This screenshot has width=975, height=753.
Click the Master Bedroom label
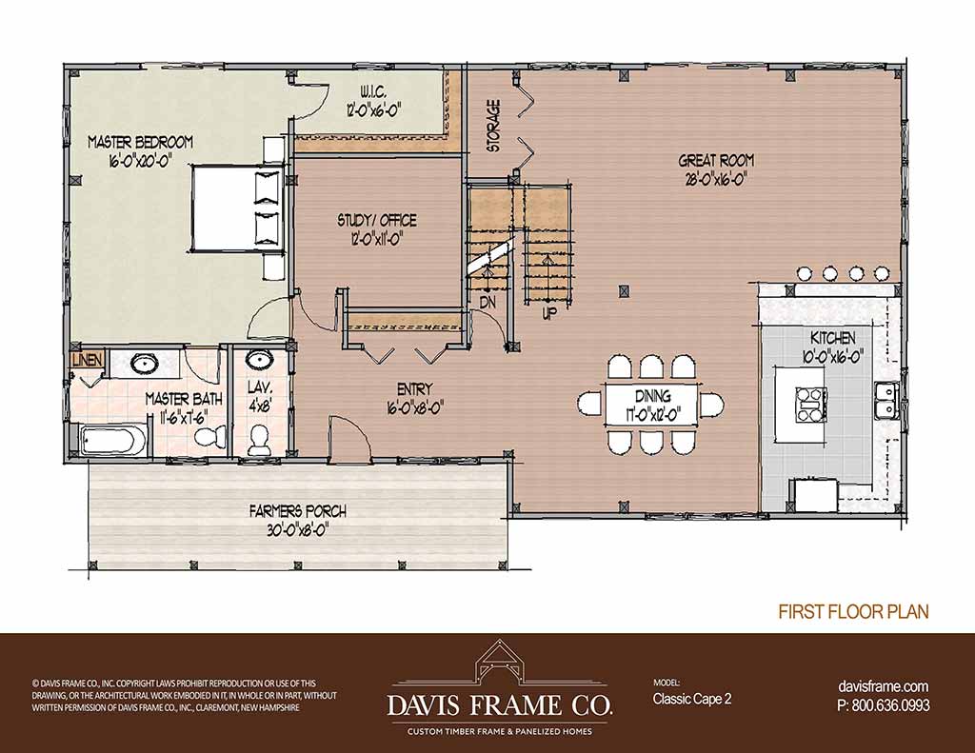coord(141,143)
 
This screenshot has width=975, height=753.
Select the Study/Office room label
coord(377,220)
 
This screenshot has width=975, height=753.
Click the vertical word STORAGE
coord(494,126)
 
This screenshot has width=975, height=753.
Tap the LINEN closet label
coord(87,360)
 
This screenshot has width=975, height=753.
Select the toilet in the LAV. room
coord(256,440)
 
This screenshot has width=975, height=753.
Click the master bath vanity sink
coord(145,364)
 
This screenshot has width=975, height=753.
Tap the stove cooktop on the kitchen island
coord(811,405)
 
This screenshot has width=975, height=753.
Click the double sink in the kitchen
coord(886,401)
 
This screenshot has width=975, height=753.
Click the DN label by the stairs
coord(488,303)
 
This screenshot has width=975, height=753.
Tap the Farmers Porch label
coord(298,512)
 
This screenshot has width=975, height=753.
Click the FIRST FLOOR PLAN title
coord(854,611)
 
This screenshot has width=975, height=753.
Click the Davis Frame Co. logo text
coord(500,705)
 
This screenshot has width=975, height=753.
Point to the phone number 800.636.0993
coord(890,705)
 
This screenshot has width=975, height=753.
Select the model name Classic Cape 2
coord(692,699)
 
